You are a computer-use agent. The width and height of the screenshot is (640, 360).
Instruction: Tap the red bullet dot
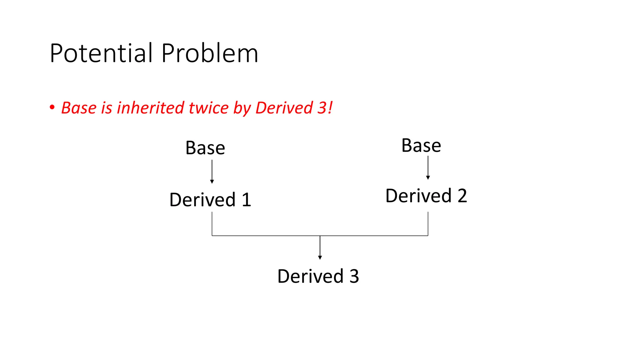(x=52, y=107)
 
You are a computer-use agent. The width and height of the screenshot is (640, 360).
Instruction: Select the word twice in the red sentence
(x=208, y=108)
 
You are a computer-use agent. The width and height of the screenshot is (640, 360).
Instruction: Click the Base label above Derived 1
(x=205, y=148)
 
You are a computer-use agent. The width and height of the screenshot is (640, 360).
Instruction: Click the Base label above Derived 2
(x=421, y=146)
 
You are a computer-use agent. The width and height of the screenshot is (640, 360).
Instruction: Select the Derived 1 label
(x=210, y=200)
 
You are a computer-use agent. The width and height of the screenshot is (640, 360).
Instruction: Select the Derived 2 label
(x=426, y=196)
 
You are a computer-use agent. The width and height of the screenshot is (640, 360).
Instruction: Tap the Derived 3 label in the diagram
(x=318, y=276)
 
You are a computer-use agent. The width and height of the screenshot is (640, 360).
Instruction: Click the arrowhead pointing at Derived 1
(x=212, y=182)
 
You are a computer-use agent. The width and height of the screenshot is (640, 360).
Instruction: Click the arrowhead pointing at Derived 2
(x=428, y=177)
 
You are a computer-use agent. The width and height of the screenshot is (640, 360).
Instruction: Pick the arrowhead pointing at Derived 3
(x=320, y=257)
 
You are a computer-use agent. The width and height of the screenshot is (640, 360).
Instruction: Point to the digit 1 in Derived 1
(x=246, y=200)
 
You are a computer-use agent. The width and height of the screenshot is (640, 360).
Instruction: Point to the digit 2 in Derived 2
(x=462, y=196)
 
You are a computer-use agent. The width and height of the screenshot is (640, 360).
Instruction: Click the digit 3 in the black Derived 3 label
(x=354, y=276)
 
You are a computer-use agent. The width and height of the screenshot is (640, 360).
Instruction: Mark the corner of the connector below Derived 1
(x=212, y=236)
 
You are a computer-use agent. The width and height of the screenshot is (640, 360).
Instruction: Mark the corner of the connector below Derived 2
(x=428, y=236)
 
